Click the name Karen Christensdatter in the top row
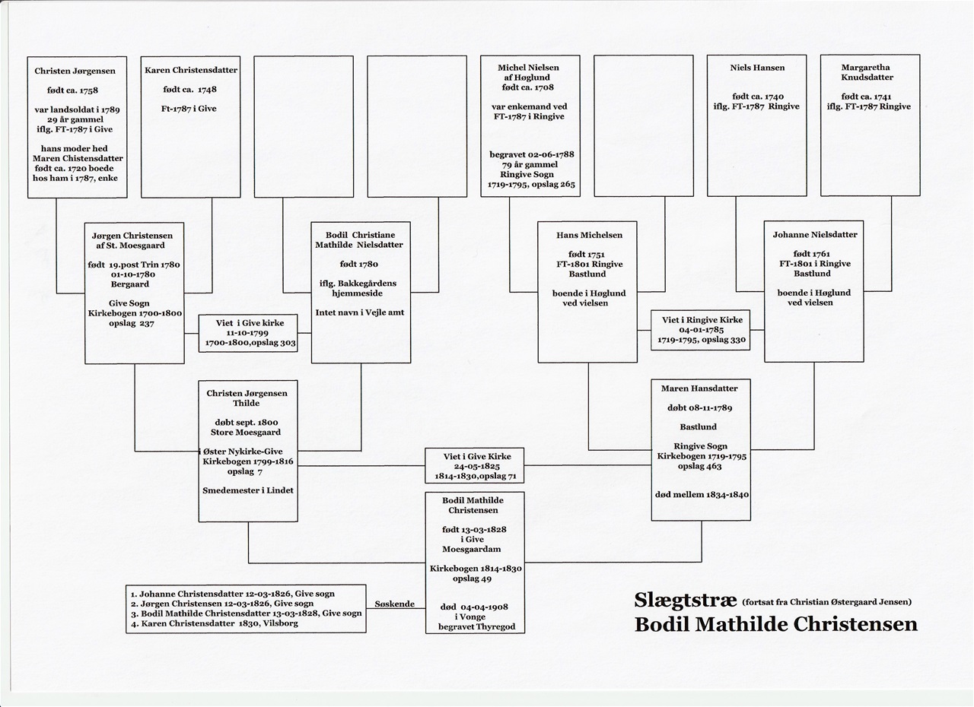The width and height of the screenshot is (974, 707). pyautogui.click(x=191, y=71)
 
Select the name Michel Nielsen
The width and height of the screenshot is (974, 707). pyautogui.click(x=528, y=68)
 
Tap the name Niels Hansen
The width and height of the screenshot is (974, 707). pyautogui.click(x=757, y=68)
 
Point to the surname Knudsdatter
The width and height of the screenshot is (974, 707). pyautogui.click(x=867, y=78)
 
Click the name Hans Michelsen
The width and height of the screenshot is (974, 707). pyautogui.click(x=589, y=235)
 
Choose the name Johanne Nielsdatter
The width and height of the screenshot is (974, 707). pyautogui.click(x=815, y=234)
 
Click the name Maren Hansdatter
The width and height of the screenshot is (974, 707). pyautogui.click(x=699, y=388)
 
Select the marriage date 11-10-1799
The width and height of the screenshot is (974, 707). pyautogui.click(x=247, y=333)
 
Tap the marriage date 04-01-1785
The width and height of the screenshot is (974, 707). pyautogui.click(x=702, y=330)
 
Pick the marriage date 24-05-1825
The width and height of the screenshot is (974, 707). pyautogui.click(x=476, y=467)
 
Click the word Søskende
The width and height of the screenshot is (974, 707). pyautogui.click(x=394, y=604)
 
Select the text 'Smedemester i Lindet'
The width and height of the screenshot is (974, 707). pyautogui.click(x=248, y=490)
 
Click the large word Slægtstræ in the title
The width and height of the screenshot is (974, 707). pyautogui.click(x=686, y=600)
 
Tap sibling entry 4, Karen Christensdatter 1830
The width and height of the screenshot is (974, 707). pyautogui.click(x=215, y=623)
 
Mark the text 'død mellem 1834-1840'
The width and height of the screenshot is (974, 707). pyautogui.click(x=702, y=495)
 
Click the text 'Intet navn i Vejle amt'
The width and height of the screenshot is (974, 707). pyautogui.click(x=360, y=312)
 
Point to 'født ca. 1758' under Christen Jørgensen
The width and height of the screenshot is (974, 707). pyautogui.click(x=72, y=90)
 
